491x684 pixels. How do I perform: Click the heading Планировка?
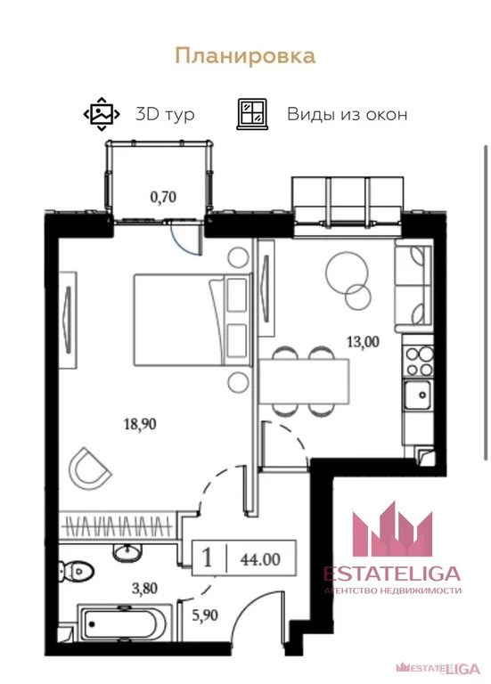(x=245, y=57)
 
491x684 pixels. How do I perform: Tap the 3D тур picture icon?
(x=102, y=114)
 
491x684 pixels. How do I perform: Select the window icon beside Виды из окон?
(x=252, y=114)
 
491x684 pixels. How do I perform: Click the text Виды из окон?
(x=347, y=114)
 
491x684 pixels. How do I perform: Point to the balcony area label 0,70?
(x=163, y=197)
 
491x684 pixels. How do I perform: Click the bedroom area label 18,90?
(x=140, y=424)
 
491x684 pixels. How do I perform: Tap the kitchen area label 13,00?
(x=363, y=342)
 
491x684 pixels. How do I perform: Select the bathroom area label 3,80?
(x=144, y=589)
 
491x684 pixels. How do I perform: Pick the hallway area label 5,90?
(x=205, y=615)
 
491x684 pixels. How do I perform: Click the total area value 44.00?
(x=260, y=559)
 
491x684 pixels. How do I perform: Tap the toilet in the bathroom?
(x=77, y=571)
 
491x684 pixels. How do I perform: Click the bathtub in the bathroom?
(x=122, y=623)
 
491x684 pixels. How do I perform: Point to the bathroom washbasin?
(x=127, y=553)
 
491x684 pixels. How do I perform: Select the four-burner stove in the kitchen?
(x=419, y=361)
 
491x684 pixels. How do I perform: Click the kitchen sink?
(x=418, y=395)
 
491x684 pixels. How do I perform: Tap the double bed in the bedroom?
(x=192, y=320)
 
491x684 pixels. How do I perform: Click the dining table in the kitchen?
(x=304, y=381)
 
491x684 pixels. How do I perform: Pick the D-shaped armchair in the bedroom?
(x=89, y=468)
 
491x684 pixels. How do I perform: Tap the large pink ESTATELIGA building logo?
(x=392, y=529)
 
